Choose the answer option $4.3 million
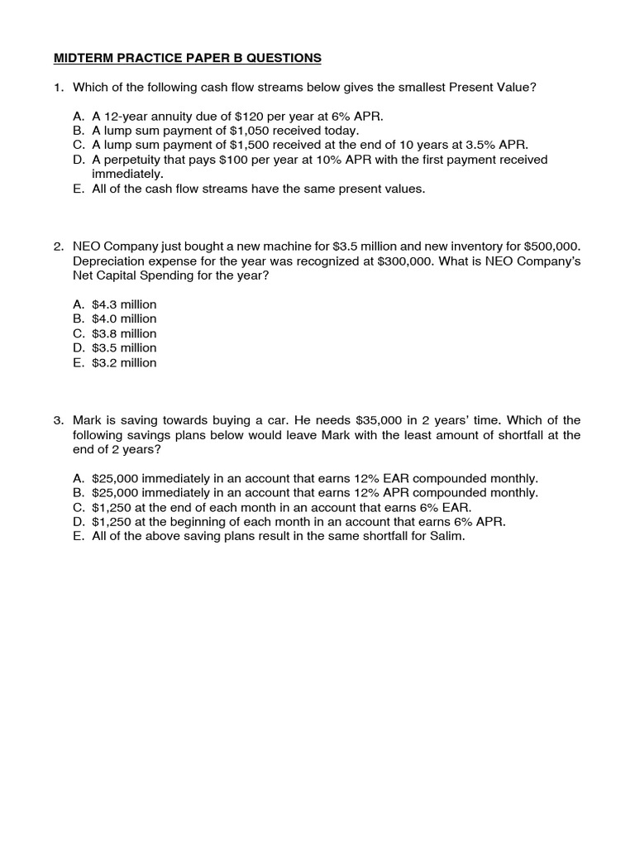click(124, 304)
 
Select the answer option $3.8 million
click(124, 333)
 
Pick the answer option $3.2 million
click(124, 362)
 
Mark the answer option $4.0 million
click(124, 318)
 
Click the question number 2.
click(58, 246)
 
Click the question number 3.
click(58, 420)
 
